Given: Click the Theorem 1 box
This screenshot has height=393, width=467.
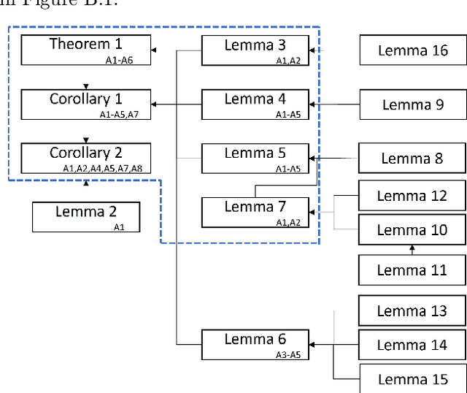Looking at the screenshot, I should (x=86, y=50).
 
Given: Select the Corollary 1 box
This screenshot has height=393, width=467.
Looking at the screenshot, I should (x=86, y=104).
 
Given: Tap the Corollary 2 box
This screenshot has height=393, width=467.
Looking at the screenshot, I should (x=86, y=158).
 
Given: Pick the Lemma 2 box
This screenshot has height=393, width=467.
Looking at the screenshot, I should (x=86, y=217).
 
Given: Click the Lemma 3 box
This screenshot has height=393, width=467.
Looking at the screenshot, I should (x=255, y=50).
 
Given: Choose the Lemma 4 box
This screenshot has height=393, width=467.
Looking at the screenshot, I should (x=255, y=104).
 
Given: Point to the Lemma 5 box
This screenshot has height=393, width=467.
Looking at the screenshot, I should (x=255, y=159).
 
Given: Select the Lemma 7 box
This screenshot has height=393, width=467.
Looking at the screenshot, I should (x=255, y=212).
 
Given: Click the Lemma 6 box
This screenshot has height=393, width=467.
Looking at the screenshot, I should (x=255, y=344).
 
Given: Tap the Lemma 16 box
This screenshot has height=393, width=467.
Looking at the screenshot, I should (x=413, y=50).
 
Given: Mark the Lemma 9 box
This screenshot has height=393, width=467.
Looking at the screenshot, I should (x=413, y=104).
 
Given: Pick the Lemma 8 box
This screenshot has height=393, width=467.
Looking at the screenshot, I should (x=413, y=159).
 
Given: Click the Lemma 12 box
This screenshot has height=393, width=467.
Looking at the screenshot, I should (x=413, y=196).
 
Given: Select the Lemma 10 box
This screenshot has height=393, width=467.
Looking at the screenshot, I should (x=413, y=230).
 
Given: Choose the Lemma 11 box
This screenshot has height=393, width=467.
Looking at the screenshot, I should (x=413, y=270).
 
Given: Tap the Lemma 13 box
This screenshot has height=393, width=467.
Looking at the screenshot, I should (x=413, y=310).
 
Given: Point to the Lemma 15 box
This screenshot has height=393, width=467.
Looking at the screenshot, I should (x=413, y=379).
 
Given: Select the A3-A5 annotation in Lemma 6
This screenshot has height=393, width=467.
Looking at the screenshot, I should (x=288, y=354).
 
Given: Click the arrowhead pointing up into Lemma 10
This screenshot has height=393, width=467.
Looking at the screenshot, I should (x=412, y=248).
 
